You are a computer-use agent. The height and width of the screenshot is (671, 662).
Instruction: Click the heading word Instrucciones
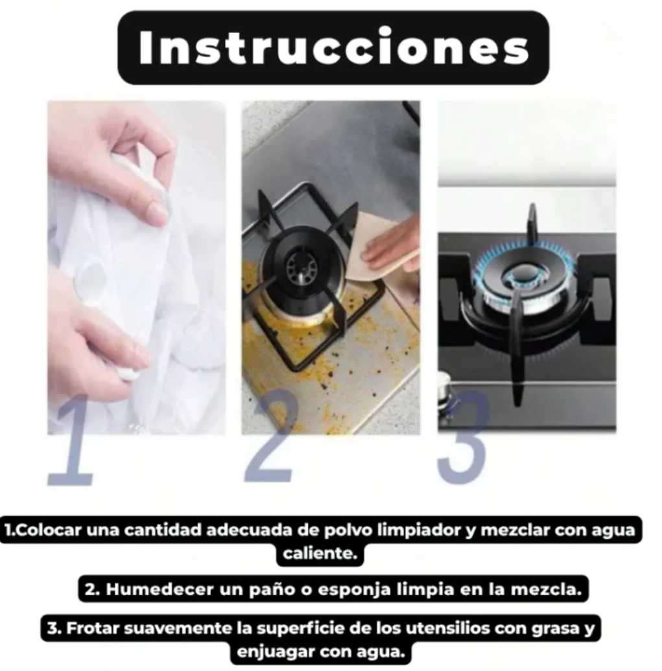tap(333, 47)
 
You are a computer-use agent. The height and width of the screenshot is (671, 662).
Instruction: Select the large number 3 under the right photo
tap(464, 437)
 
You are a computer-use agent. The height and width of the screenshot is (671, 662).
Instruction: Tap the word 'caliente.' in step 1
tap(320, 553)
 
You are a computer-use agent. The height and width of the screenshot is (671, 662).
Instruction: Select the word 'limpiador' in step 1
tap(420, 530)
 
